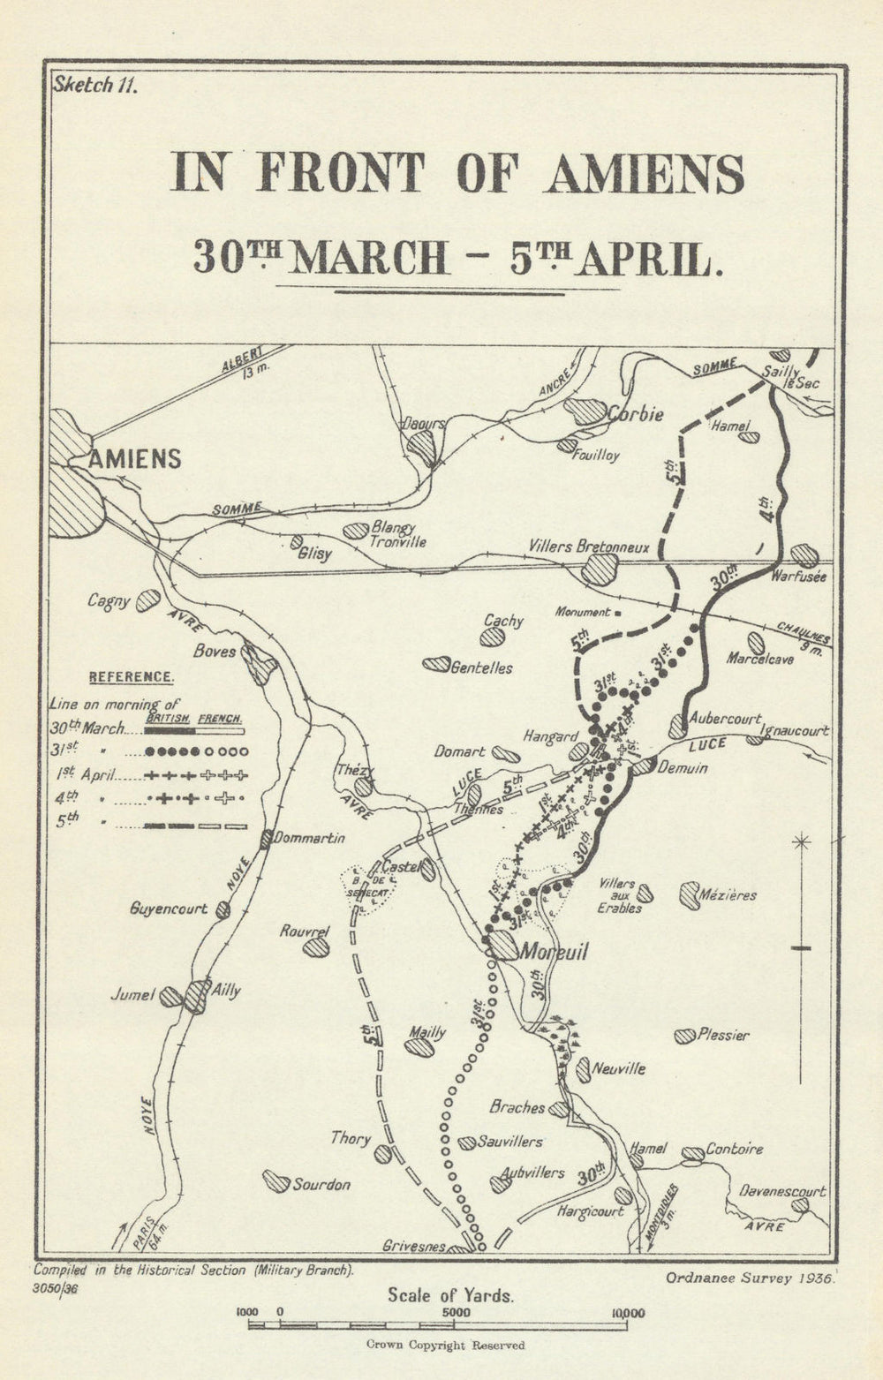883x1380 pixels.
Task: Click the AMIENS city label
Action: coord(135,459)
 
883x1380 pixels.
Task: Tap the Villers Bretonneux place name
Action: coord(588,547)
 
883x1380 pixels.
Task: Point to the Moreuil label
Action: coord(554,952)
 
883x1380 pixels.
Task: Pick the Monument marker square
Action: coord(618,611)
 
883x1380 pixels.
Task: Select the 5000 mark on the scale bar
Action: coord(457,1314)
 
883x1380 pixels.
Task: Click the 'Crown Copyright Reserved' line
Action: coord(446,1346)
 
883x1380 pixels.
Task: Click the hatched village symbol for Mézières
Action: coord(690,895)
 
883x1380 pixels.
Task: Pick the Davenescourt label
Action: coord(782,1191)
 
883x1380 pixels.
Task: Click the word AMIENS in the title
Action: coord(645,174)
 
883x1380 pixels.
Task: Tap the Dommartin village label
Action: coord(308,839)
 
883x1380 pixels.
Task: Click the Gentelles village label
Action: coord(481,668)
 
